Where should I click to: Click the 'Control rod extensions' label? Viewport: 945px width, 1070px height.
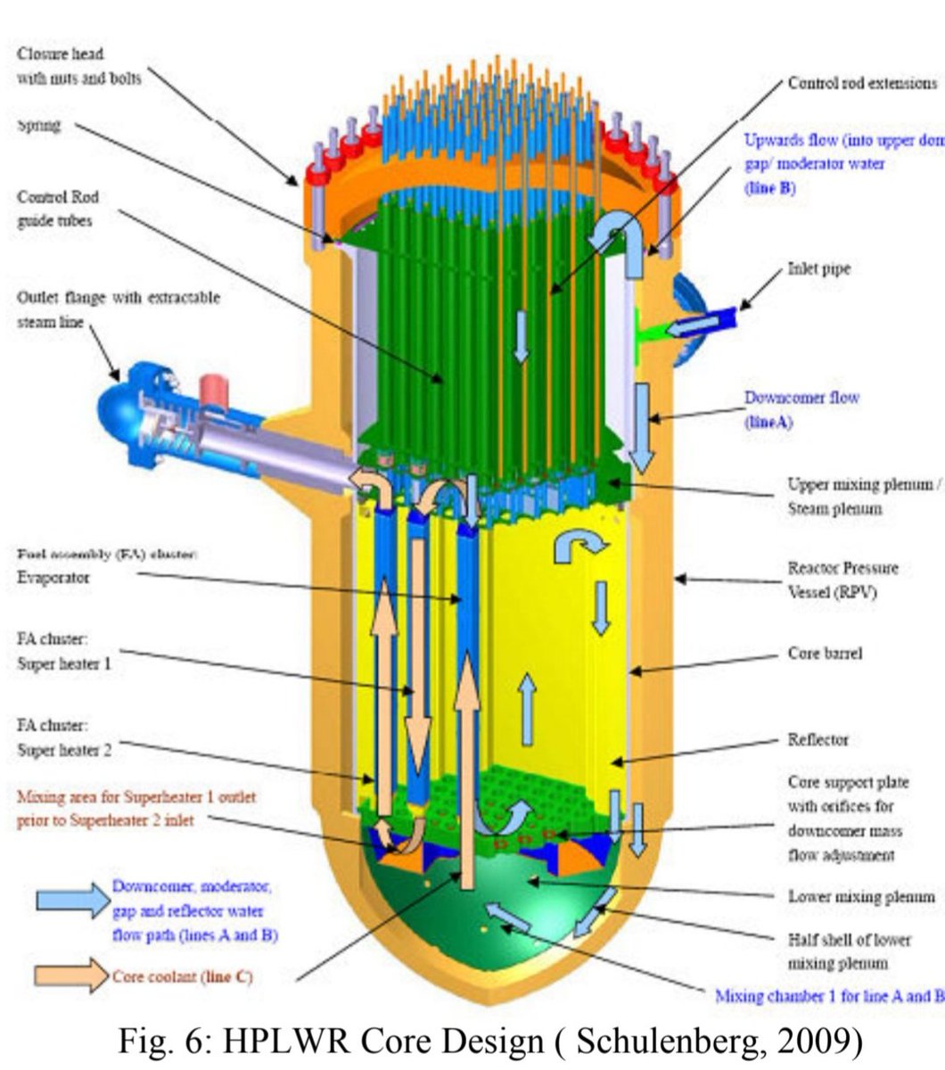(x=862, y=83)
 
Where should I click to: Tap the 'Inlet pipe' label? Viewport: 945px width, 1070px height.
(x=818, y=268)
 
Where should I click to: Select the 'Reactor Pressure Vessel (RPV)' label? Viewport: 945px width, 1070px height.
(x=842, y=580)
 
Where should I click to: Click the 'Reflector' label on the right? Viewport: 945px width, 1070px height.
(x=818, y=739)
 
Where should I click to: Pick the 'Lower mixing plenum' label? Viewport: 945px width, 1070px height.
(x=860, y=896)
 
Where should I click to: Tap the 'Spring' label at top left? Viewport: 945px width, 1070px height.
(x=39, y=125)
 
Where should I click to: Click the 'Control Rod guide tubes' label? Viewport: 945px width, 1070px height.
(x=58, y=209)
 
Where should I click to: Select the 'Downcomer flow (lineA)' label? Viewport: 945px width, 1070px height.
(x=801, y=409)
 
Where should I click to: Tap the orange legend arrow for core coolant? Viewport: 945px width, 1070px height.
(x=71, y=975)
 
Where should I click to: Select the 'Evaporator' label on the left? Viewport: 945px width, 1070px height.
(x=53, y=577)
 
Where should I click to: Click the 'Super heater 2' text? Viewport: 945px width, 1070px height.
(x=65, y=750)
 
